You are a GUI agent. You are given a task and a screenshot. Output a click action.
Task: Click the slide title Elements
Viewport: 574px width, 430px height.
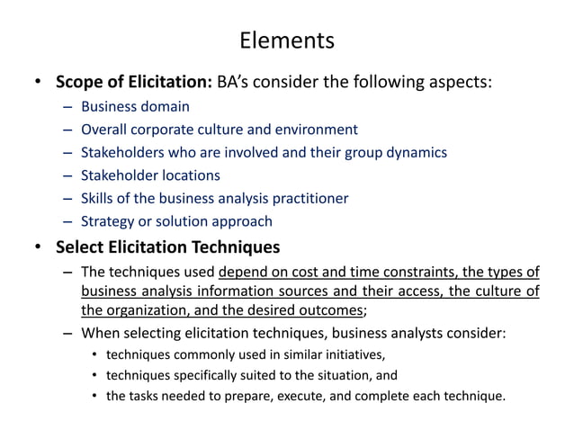point(287,40)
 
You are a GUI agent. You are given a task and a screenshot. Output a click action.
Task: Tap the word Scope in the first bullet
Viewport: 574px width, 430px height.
point(79,83)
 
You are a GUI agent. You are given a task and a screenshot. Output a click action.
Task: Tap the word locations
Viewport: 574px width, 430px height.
point(186,175)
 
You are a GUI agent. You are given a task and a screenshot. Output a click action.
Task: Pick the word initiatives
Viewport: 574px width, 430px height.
point(353,354)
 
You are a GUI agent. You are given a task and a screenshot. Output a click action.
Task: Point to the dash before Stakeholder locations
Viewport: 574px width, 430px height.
point(69,175)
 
